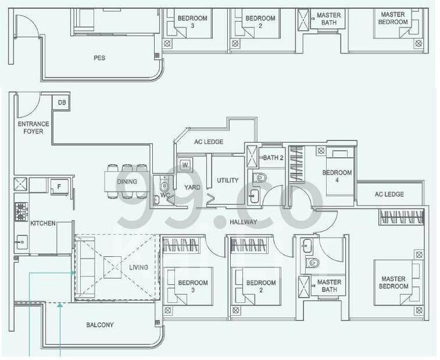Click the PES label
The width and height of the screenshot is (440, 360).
(x=100, y=58)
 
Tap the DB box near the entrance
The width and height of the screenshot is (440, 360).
(x=62, y=103)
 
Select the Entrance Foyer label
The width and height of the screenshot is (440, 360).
(x=33, y=127)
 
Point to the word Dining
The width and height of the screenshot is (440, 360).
(x=127, y=182)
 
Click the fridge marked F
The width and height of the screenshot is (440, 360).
(x=59, y=186)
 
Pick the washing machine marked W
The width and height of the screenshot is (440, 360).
(x=185, y=164)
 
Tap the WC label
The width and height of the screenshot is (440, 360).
(x=165, y=194)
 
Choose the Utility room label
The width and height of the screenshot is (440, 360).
(x=228, y=180)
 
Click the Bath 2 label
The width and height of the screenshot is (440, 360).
(x=273, y=158)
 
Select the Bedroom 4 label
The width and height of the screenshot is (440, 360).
(x=337, y=176)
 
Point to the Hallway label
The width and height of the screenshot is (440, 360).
(x=243, y=222)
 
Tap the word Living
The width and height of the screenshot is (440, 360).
(x=138, y=268)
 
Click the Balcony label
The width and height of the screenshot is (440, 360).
(x=100, y=325)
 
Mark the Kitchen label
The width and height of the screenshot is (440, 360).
(x=43, y=223)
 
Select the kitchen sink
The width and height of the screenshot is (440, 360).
(x=22, y=242)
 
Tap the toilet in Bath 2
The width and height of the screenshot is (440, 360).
(x=260, y=178)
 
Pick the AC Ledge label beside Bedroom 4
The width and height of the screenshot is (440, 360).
(x=389, y=194)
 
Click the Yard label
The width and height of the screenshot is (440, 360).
(x=192, y=187)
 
